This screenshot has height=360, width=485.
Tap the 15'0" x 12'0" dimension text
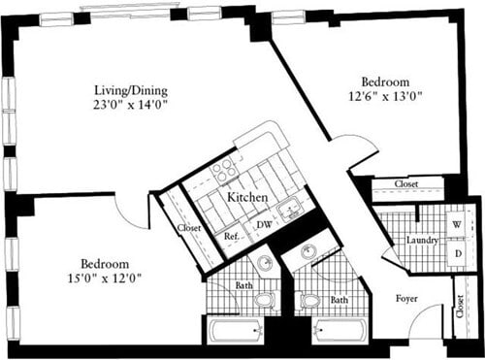(105, 278)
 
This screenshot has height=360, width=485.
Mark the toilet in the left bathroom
(265, 300)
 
